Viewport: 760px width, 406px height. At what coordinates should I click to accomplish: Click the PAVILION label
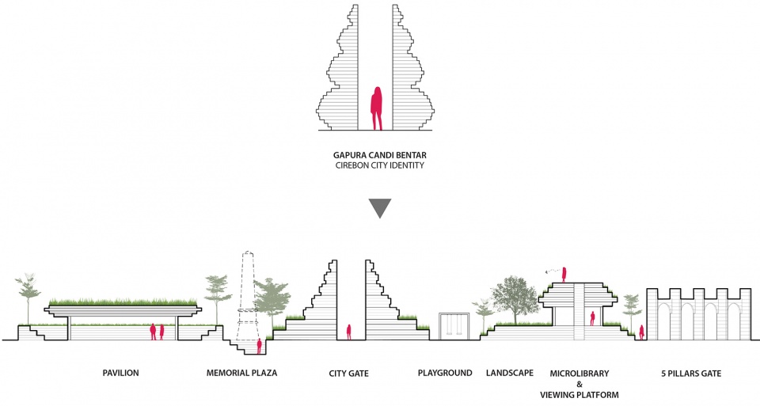tap(120, 373)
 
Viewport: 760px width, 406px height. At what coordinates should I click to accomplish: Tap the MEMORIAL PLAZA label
tap(242, 373)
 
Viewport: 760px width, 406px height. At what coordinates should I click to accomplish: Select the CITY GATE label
tap(349, 374)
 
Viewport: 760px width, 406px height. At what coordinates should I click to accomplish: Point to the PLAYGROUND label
tap(445, 373)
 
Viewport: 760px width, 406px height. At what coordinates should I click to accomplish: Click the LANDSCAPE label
tap(510, 373)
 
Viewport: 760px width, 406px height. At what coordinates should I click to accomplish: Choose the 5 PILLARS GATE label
tap(691, 374)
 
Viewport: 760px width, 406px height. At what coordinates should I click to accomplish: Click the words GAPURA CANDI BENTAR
tap(380, 156)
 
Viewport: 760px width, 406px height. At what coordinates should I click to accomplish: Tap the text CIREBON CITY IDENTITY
tap(380, 165)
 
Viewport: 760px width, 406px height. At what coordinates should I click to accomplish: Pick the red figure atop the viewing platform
tap(564, 274)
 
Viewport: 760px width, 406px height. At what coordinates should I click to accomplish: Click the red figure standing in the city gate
tap(348, 332)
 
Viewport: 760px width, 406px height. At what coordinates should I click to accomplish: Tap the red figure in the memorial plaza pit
tap(260, 347)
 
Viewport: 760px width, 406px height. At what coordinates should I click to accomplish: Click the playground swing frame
tap(454, 327)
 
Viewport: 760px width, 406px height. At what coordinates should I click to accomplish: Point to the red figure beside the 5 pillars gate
tap(642, 332)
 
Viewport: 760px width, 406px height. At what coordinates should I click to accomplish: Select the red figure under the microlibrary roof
tap(592, 318)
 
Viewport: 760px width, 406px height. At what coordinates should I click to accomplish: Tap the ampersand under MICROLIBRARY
tap(579, 384)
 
